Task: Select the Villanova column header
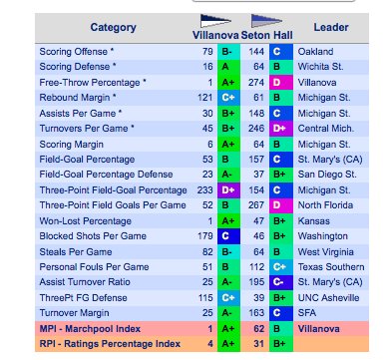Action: (216, 34)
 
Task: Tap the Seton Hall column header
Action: (265, 34)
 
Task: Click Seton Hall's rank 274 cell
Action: (256, 82)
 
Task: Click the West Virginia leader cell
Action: (325, 252)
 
